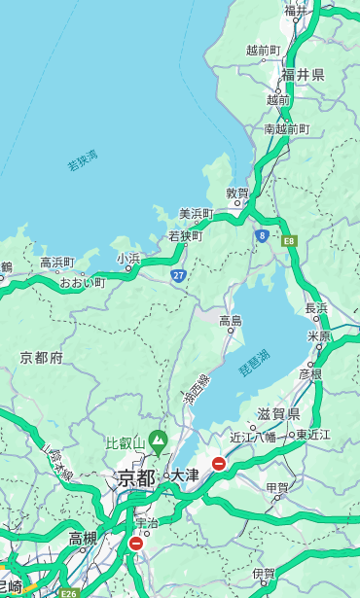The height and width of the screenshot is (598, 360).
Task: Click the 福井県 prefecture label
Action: (x=303, y=75)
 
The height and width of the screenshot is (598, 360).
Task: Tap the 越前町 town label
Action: (x=263, y=50)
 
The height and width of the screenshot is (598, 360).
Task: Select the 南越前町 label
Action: (x=286, y=128)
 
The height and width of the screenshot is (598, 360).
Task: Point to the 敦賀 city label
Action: (x=237, y=193)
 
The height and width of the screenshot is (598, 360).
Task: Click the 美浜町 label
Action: (x=196, y=214)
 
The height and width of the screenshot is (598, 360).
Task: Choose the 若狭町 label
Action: (x=185, y=235)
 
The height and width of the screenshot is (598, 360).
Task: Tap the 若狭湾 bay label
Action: (x=83, y=160)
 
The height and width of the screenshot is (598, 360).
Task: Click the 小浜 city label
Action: (x=128, y=258)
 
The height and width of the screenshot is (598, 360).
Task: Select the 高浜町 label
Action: (x=56, y=263)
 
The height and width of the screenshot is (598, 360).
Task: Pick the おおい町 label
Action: (x=82, y=282)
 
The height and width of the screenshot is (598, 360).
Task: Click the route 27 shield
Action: (x=179, y=276)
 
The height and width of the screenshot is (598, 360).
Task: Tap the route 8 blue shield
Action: (x=262, y=235)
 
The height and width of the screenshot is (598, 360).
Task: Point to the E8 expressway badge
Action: (x=289, y=239)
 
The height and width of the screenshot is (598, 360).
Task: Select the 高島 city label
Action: (x=231, y=321)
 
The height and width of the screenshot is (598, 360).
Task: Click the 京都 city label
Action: (x=136, y=476)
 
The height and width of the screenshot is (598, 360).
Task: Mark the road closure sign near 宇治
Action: (x=135, y=544)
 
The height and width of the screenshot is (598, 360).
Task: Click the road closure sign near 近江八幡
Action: (x=219, y=464)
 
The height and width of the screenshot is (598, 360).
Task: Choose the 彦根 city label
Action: (x=310, y=373)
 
